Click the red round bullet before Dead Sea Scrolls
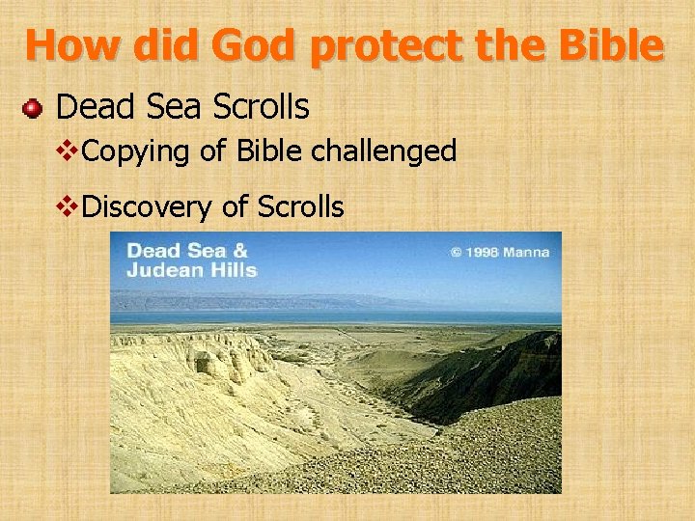33,107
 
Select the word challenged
396,151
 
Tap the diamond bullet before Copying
68,151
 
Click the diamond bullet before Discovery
68,206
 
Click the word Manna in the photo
529,253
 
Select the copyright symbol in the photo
456,253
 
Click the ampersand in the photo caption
240,250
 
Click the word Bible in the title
614,44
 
